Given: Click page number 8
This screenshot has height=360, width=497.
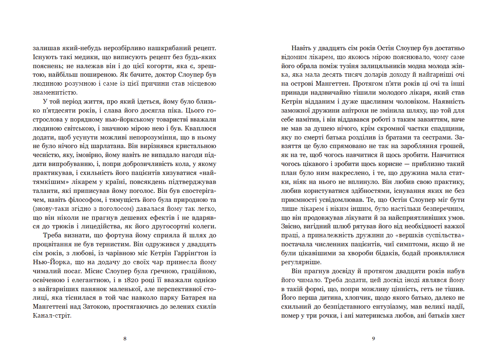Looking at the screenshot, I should click(x=124, y=338).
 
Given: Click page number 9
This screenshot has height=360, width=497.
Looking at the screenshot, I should click(x=373, y=338).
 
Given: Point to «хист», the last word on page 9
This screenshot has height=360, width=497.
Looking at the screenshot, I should click(x=458, y=316).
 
